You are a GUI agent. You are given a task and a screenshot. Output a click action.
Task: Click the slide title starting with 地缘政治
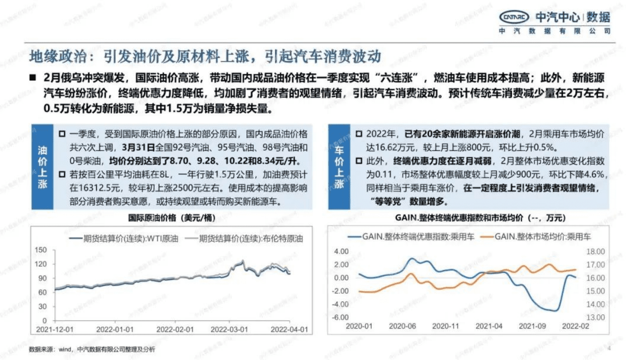(205, 56)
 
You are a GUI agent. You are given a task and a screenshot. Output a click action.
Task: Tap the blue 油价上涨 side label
(43, 167)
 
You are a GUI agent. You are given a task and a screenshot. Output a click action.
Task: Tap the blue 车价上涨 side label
(339, 167)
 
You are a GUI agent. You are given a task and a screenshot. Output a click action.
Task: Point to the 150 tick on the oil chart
(40, 250)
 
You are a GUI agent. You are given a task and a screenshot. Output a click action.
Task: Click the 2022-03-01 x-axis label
(229, 330)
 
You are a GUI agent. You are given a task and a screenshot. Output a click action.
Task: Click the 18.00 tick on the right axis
(596, 252)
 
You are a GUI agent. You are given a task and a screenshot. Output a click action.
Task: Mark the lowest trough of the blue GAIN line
(555, 310)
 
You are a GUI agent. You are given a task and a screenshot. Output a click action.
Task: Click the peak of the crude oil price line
(243, 260)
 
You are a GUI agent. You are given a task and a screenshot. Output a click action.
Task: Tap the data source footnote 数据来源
(92, 350)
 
